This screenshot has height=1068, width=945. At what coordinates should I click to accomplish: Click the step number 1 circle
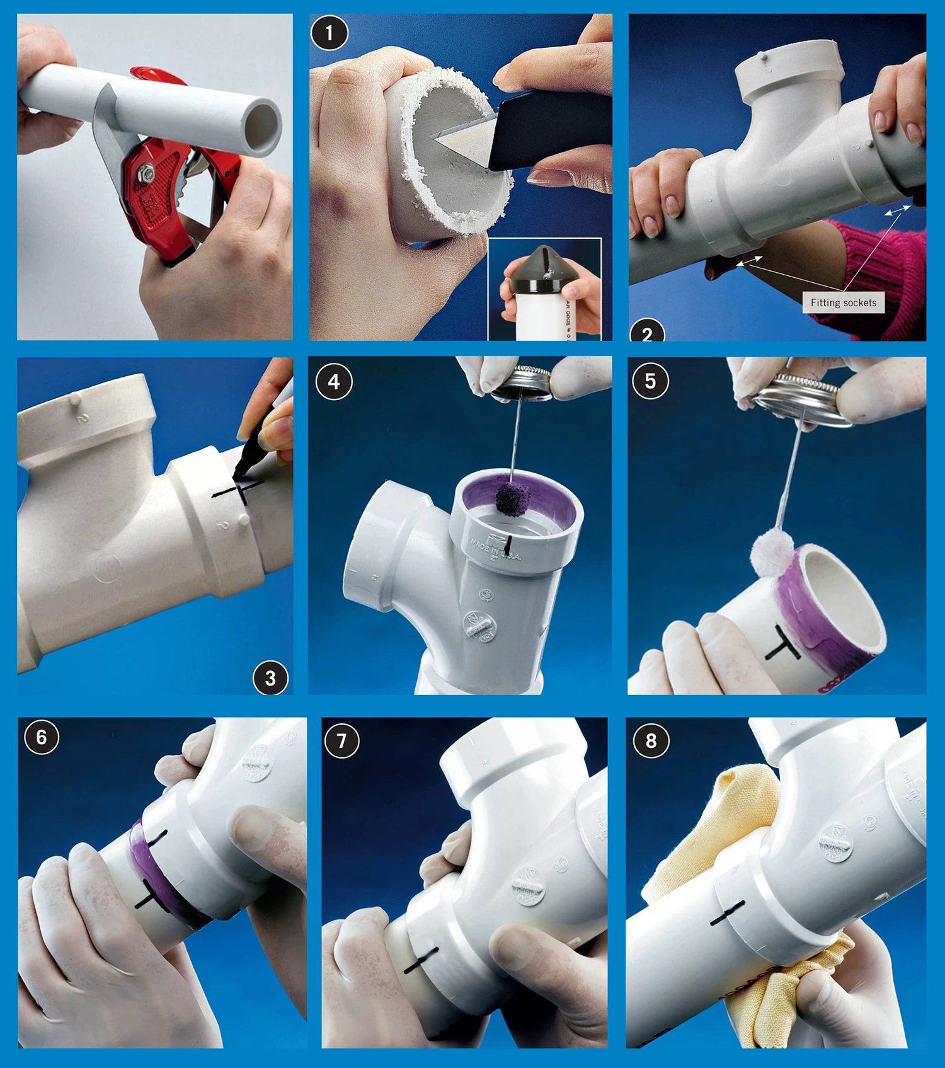329,33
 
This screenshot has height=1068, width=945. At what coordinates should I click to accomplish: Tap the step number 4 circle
334,381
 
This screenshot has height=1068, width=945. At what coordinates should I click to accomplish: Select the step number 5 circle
650,381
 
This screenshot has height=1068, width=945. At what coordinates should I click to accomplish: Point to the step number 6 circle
42,737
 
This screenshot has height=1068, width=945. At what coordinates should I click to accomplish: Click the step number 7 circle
341,740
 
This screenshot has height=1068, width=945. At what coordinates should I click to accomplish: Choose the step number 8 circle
651,740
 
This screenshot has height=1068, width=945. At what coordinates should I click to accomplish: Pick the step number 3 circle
270,678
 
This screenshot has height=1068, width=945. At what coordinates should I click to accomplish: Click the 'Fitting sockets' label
843,302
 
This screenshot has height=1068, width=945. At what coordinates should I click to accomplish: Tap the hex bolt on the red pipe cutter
146,171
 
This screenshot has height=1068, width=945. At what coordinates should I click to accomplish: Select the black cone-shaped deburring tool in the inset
541,268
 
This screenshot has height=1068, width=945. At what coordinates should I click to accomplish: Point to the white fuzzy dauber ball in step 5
776,554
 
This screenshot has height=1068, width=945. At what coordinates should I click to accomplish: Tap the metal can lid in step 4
522,382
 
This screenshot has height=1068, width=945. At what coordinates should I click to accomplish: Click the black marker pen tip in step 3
238,475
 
